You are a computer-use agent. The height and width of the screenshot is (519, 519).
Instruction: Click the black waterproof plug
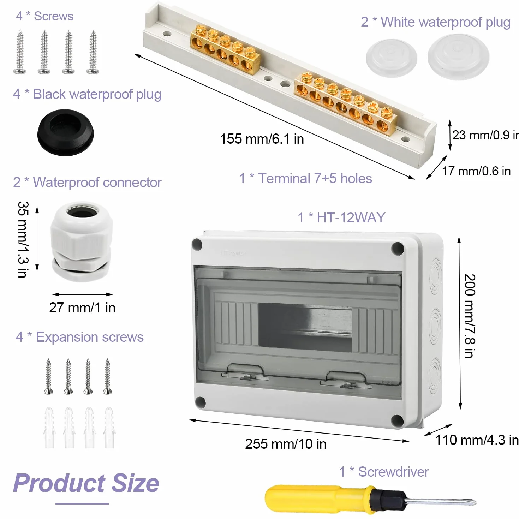pyautogui.click(x=65, y=132)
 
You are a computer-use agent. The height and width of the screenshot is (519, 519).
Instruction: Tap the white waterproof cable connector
pyautogui.click(x=81, y=241)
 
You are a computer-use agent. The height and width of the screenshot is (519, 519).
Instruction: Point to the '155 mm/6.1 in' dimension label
pyautogui.click(x=262, y=139)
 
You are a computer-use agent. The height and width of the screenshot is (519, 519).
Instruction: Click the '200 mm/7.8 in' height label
pyautogui.click(x=470, y=316)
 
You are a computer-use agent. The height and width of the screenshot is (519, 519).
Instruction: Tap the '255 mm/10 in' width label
pyautogui.click(x=286, y=444)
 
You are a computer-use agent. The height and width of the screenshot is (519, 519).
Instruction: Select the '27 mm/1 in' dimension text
pyautogui.click(x=82, y=307)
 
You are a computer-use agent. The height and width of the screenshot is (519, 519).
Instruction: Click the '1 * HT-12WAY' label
pyautogui.click(x=341, y=217)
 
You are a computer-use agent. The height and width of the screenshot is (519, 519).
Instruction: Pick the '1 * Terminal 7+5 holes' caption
pyautogui.click(x=305, y=178)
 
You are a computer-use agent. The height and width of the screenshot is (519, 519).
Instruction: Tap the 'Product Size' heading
pyautogui.click(x=86, y=483)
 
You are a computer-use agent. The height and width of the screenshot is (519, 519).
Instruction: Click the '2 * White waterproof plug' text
pyautogui.click(x=436, y=22)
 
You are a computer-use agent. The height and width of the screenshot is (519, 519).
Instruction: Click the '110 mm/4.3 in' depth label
pyautogui.click(x=477, y=440)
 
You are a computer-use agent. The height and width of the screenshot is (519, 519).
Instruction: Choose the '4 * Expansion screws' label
pyautogui.click(x=80, y=337)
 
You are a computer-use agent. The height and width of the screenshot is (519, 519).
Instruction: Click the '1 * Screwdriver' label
pyautogui.click(x=384, y=472)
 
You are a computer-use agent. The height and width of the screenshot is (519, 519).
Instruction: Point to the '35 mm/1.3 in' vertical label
pyautogui.click(x=23, y=239)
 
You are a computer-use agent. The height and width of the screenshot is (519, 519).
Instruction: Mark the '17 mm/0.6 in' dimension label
pyautogui.click(x=476, y=171)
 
